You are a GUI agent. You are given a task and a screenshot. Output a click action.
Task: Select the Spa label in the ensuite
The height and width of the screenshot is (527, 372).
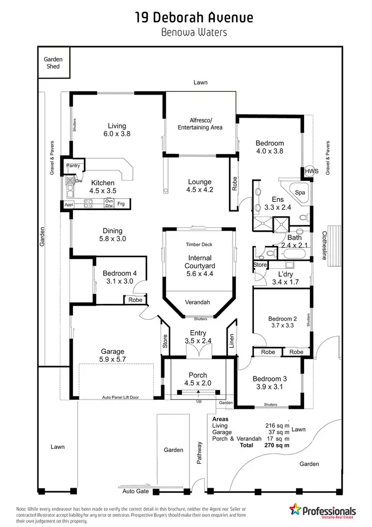point(300,192)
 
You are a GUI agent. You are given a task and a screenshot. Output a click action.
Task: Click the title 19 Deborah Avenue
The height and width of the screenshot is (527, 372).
point(194,18)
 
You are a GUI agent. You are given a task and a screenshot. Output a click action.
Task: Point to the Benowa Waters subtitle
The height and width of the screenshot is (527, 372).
point(194,33)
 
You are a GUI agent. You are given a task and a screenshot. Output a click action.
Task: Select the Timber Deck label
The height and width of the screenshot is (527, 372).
point(199,244)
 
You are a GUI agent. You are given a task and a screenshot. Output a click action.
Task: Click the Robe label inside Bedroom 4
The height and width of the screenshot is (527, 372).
point(135,300)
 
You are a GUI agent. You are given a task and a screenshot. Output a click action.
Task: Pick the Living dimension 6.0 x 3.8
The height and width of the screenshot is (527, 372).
point(117,134)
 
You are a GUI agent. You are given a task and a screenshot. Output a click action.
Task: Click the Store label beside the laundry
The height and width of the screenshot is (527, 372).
point(260,265)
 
